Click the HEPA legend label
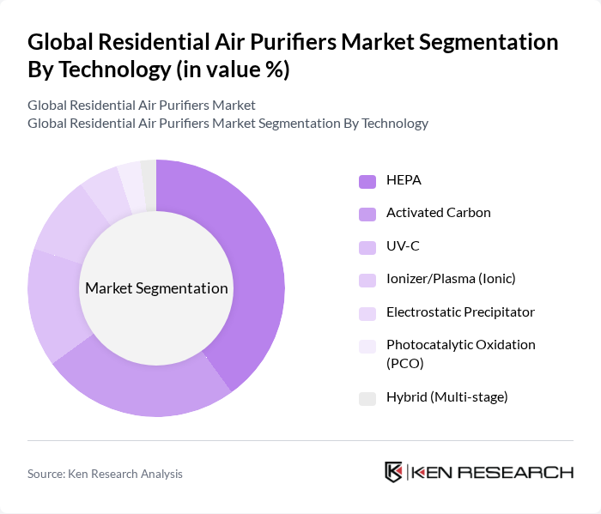point(404,180)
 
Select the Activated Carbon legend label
point(438,213)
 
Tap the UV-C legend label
point(403,246)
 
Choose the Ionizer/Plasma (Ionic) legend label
point(451,279)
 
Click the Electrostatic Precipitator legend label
point(460,311)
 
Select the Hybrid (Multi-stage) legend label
point(446,397)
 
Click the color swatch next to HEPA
point(367,181)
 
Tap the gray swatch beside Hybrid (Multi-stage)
point(367,398)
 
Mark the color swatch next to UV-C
point(367,247)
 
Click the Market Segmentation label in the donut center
point(156,288)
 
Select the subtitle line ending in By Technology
point(228,123)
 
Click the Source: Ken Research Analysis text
point(105,474)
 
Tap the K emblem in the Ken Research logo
point(393,472)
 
